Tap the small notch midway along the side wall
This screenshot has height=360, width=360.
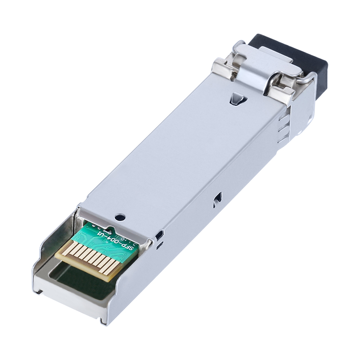(218, 197)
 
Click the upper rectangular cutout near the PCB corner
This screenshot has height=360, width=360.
(158, 235)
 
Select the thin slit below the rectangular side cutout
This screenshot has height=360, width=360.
(158, 246)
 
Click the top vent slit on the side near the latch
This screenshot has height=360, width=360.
(282, 118)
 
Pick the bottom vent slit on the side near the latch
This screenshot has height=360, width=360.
(281, 139)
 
